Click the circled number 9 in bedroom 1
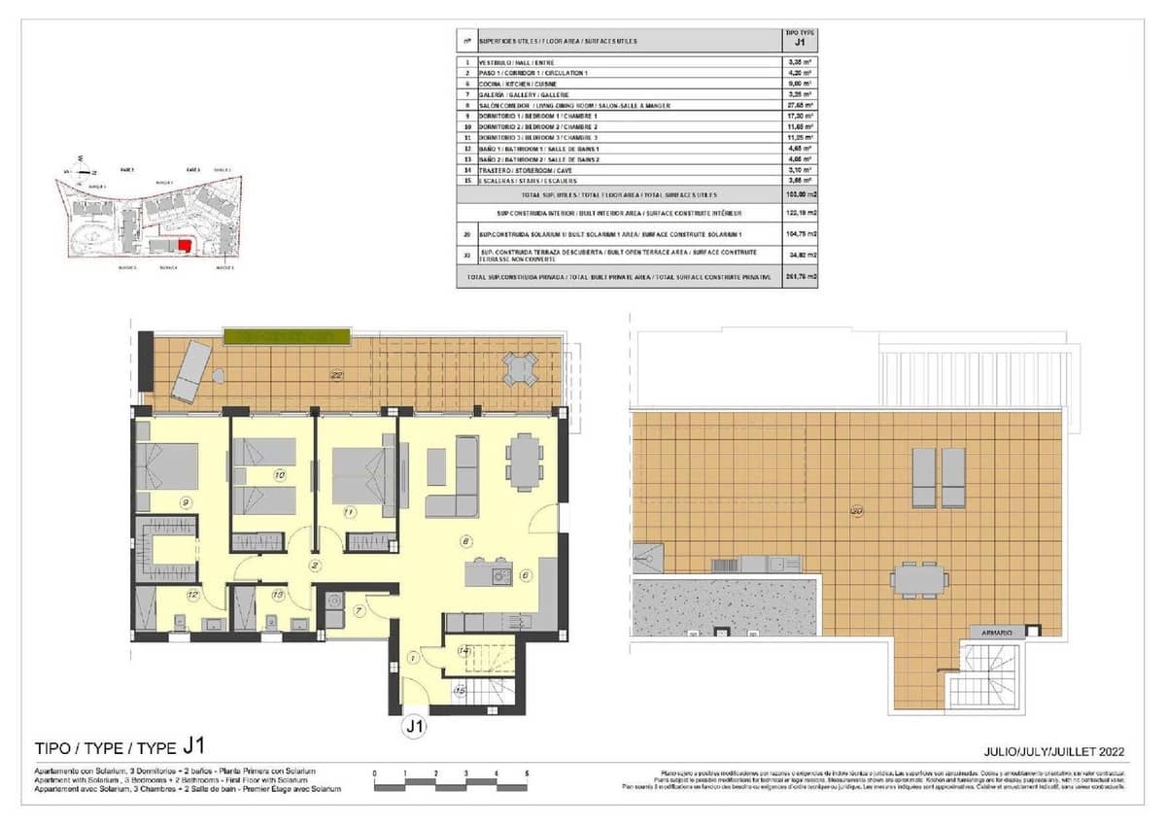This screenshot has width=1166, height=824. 184,501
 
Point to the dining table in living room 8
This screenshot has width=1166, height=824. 525,461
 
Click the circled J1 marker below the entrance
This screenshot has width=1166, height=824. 415,725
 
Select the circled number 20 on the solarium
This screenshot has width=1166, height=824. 857,511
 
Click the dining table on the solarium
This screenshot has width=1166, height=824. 919,578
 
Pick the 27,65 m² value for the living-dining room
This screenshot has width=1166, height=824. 801,105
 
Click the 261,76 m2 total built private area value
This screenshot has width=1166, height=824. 801,277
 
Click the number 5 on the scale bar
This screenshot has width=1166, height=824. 526,773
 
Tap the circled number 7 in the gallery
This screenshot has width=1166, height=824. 358,611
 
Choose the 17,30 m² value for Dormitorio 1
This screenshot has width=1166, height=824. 801,116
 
